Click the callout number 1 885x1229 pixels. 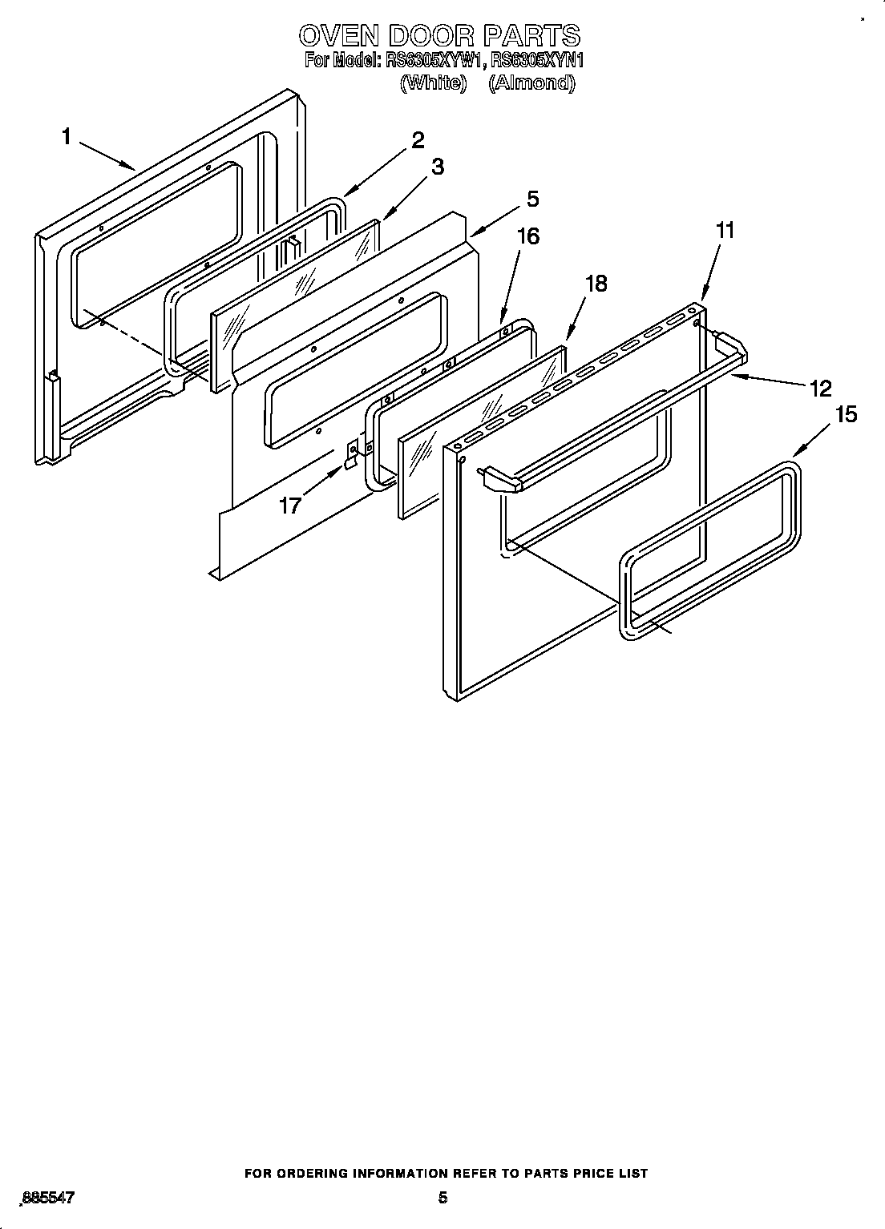click(x=67, y=137)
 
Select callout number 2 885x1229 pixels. click(x=417, y=140)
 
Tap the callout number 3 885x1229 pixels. click(x=437, y=167)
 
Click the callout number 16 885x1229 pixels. click(x=527, y=236)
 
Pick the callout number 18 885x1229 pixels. click(x=595, y=284)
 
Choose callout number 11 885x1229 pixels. click(x=724, y=231)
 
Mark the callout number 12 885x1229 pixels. click(x=820, y=389)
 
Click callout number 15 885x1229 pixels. click(x=846, y=415)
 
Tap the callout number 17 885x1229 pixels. click(x=290, y=506)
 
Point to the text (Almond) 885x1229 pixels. click(x=531, y=83)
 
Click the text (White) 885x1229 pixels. click(x=433, y=83)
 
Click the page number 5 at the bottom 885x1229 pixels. click(x=442, y=1199)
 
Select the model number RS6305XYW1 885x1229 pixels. click(x=435, y=60)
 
